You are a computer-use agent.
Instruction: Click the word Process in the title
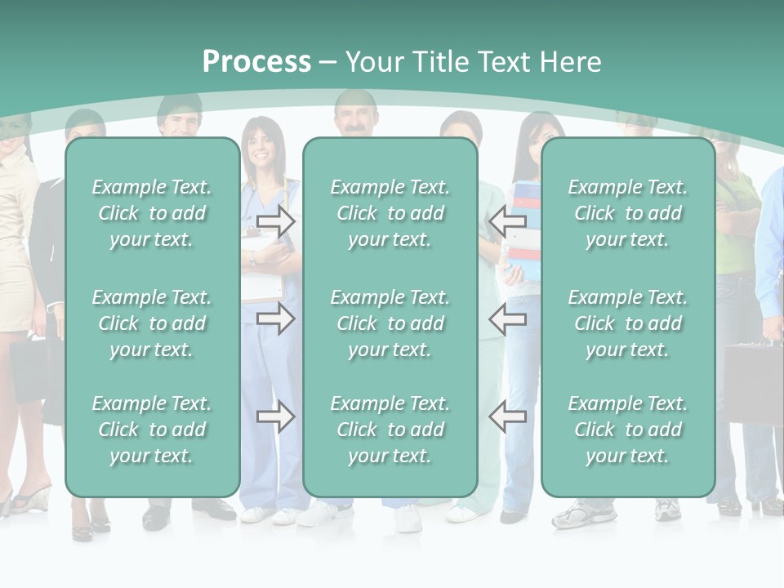coord(256,62)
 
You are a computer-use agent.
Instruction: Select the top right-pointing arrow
coord(276,220)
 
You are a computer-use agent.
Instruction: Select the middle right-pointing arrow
coord(276,318)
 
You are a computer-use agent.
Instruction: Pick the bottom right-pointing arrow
coord(276,417)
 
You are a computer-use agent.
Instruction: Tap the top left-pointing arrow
coord(507,220)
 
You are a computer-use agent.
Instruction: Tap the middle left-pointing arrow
coord(507,318)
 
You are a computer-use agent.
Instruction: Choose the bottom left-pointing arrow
coord(507,417)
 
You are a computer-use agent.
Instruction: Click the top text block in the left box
coord(152,213)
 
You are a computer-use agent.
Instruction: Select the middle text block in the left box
coord(152,323)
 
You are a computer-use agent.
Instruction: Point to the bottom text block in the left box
coord(152,430)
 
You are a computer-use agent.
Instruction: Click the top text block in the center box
coord(390,213)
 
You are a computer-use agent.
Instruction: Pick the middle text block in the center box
coord(390,323)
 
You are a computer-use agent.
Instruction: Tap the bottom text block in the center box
coord(390,430)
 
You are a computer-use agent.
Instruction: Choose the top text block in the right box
coord(627,213)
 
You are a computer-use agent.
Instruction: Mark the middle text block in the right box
coord(627,323)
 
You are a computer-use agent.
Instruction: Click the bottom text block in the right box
coord(627,430)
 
